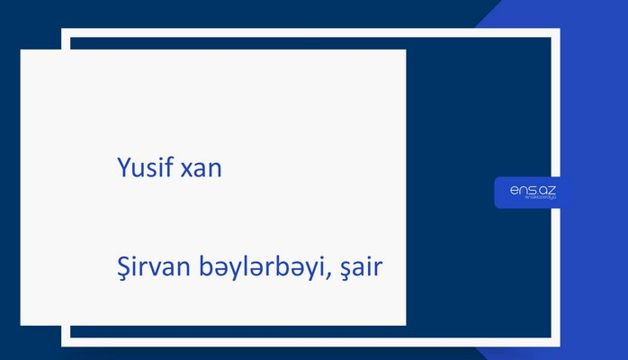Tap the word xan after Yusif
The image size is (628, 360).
[201, 168]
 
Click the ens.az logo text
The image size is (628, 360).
[532, 188]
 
